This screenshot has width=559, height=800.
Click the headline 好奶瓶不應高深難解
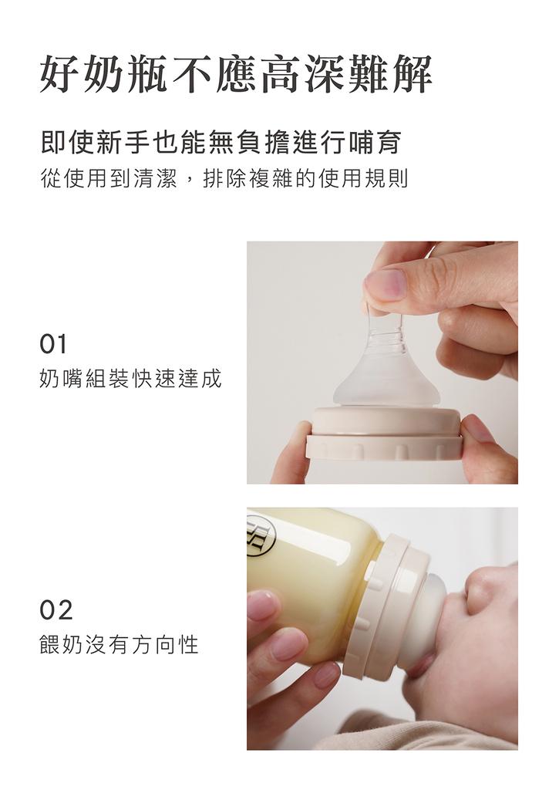tap(236, 75)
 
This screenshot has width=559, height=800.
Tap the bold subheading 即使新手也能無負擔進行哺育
tap(221, 142)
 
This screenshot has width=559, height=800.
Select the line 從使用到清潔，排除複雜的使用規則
tap(224, 178)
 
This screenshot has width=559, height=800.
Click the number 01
tap(53, 344)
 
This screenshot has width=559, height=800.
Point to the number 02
tap(56, 609)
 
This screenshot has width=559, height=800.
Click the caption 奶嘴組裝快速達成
tap(130, 379)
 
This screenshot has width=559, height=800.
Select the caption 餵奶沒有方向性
tap(119, 644)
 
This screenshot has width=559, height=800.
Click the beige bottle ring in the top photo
tap(385, 434)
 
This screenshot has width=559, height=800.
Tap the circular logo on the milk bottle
tap(261, 537)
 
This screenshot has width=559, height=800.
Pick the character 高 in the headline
tap(280, 75)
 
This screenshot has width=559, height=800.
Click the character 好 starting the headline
tap(60, 75)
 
